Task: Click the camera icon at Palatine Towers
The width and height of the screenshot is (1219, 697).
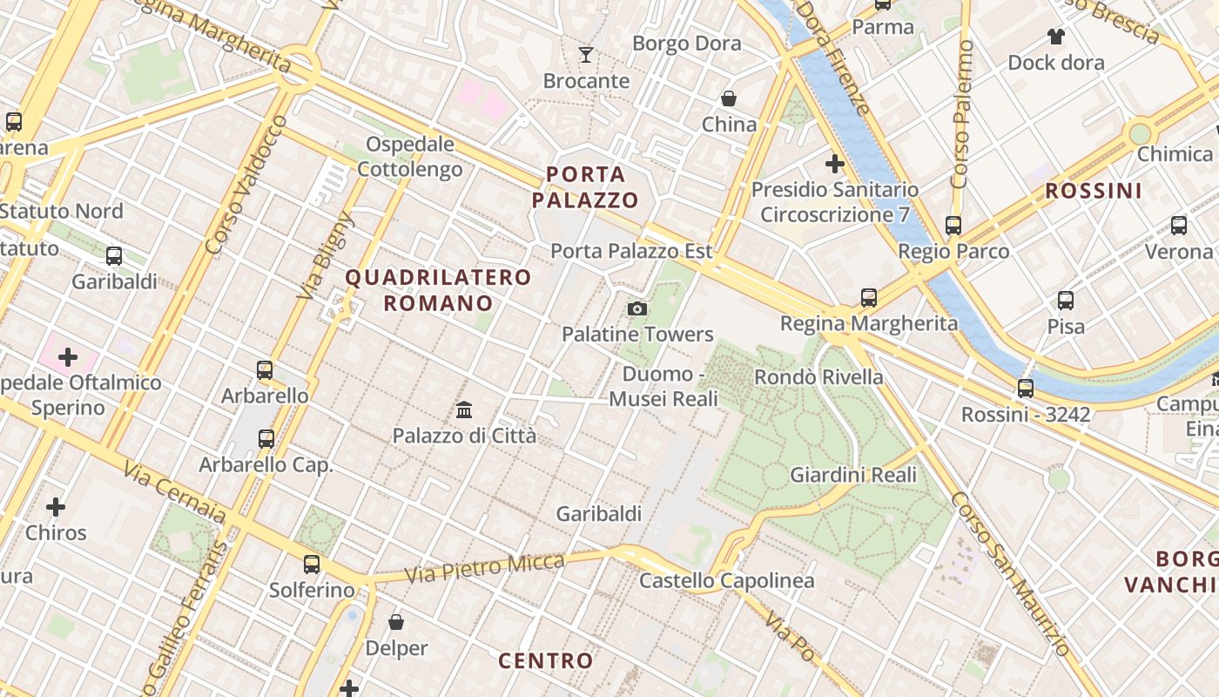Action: tap(637, 308)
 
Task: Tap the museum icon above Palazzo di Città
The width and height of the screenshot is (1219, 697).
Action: tap(464, 409)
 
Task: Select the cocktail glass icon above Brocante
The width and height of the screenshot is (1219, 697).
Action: tap(586, 55)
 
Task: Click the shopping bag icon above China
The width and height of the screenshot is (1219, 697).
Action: tap(729, 98)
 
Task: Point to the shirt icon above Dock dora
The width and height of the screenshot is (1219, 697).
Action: tap(1055, 37)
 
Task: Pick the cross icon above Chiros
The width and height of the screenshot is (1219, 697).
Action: tap(56, 506)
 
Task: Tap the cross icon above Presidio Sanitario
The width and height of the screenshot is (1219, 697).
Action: tap(835, 163)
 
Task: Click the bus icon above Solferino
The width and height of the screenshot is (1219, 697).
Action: tap(312, 564)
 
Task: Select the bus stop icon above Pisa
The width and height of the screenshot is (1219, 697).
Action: tap(1066, 301)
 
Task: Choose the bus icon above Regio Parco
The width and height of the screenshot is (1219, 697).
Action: tap(953, 226)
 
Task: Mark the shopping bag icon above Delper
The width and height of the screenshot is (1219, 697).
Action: tap(396, 622)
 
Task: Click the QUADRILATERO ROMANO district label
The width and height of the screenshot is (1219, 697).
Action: tap(438, 290)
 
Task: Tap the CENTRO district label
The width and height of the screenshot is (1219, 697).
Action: tap(545, 660)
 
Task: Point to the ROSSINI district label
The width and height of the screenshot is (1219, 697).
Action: tap(1093, 191)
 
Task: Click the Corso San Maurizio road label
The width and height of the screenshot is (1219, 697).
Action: tap(1010, 575)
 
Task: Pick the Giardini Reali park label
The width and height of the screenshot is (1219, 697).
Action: tap(853, 475)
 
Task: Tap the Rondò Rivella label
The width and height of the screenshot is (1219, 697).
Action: tap(818, 377)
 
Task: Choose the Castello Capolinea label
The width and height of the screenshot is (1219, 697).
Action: tap(727, 581)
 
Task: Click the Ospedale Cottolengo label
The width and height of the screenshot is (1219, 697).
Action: tap(410, 157)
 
